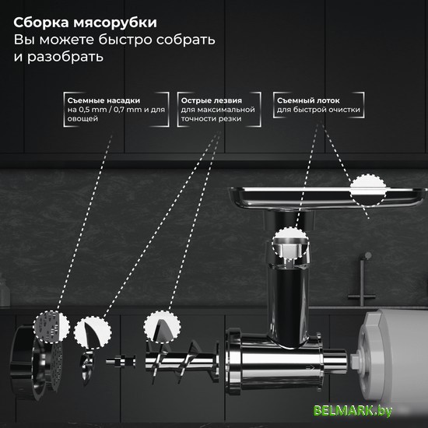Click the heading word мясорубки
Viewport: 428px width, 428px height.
click(115, 23)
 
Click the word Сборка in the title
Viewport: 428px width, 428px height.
click(41, 23)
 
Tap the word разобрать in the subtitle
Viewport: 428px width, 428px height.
click(65, 57)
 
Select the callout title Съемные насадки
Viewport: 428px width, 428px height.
click(103, 100)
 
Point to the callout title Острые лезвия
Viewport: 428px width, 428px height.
click(212, 100)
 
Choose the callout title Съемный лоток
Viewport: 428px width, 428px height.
click(308, 100)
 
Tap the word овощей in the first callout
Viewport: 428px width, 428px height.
click(82, 119)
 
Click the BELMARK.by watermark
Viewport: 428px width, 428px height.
click(353, 411)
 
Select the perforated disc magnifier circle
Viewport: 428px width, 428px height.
click(51, 327)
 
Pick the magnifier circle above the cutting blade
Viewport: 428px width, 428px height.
click(93, 333)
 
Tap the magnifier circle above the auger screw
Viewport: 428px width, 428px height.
click(162, 326)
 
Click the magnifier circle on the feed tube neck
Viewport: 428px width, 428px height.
click(290, 243)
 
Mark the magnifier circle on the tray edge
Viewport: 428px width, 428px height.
click(368, 190)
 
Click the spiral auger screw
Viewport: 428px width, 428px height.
click(182, 361)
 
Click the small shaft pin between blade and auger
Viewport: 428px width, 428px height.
click(121, 361)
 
